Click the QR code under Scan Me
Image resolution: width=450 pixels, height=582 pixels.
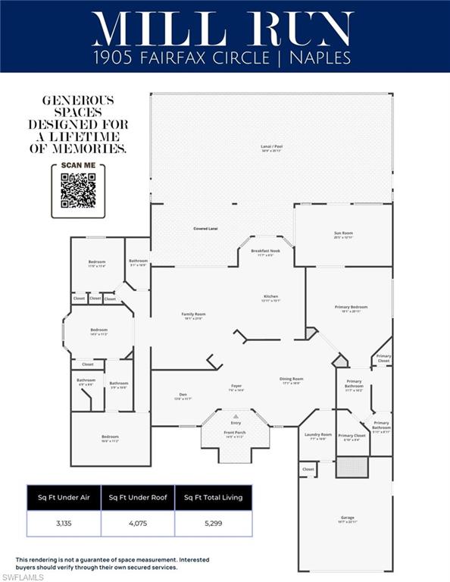[x=78, y=190]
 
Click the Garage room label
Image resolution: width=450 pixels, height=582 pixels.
[x=347, y=518]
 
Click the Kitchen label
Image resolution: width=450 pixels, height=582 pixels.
[x=271, y=296]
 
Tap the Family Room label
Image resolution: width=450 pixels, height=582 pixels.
[x=194, y=314]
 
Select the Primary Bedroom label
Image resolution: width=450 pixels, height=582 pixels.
[x=351, y=307]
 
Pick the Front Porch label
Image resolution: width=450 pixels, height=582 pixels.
[x=235, y=433]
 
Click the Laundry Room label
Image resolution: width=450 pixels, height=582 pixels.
[x=317, y=435]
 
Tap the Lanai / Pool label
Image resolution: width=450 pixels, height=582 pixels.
[x=270, y=147]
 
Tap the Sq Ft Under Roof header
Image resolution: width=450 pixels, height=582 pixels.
[x=137, y=498]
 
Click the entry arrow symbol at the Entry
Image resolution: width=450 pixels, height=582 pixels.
[x=236, y=416]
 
